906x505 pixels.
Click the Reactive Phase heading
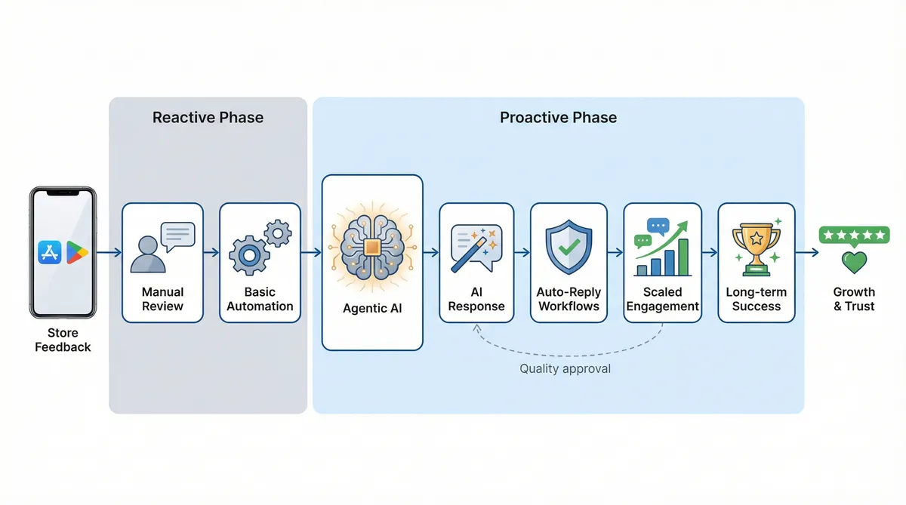pyautogui.click(x=208, y=118)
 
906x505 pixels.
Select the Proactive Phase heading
pyautogui.click(x=558, y=118)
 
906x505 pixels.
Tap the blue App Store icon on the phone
pyautogui.click(x=50, y=251)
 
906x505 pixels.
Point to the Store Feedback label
pyautogui.click(x=63, y=340)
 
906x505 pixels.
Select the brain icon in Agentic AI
pyautogui.click(x=372, y=248)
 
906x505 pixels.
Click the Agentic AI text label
pyautogui.click(x=372, y=308)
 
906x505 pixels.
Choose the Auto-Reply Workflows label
pyautogui.click(x=569, y=299)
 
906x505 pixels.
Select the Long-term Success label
pyautogui.click(x=756, y=299)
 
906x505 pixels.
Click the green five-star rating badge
pyautogui.click(x=854, y=235)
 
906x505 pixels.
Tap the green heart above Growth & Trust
pyautogui.click(x=854, y=262)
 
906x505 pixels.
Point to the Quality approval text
pyautogui.click(x=565, y=369)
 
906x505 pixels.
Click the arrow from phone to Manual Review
pyautogui.click(x=109, y=253)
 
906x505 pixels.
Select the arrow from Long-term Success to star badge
pyautogui.click(x=807, y=253)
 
